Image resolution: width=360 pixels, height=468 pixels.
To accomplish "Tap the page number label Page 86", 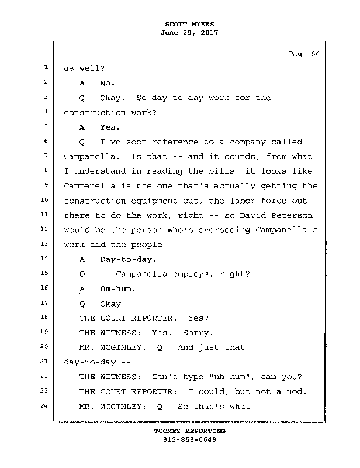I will tap(304, 54).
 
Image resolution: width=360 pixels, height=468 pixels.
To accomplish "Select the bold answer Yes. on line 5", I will tap(110, 127).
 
